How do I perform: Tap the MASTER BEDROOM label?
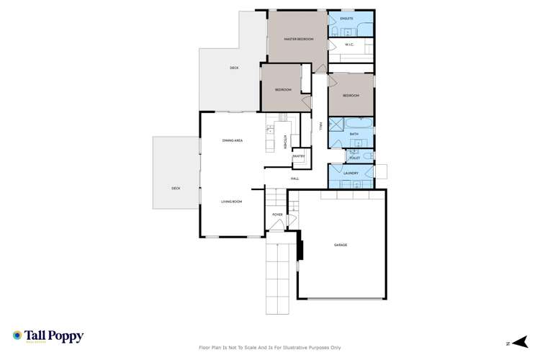click(299, 39)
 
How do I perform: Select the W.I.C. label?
click(349, 45)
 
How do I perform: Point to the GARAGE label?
click(341, 245)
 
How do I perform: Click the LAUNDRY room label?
click(351, 173)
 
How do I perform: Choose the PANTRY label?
click(298, 156)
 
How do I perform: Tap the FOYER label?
click(277, 215)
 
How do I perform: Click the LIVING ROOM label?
click(231, 202)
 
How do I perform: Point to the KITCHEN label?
click(285, 140)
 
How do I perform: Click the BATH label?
click(354, 134)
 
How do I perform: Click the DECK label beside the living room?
click(176, 188)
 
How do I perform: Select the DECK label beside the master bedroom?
click(234, 68)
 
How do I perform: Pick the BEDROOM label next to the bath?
click(351, 96)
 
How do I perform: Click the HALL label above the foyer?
click(294, 179)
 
